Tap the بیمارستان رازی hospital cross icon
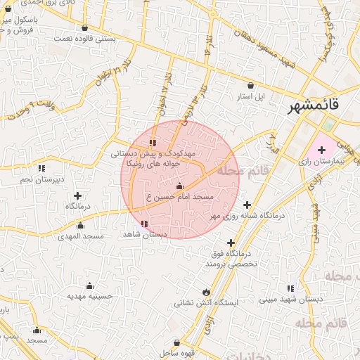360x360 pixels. [x=321, y=150]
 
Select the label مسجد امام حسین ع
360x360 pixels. [x=179, y=199]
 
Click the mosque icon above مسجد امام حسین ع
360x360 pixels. [x=179, y=186]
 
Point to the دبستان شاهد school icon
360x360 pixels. [x=144, y=224]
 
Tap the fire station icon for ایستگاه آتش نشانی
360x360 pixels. [x=205, y=292]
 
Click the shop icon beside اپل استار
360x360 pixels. [x=251, y=84]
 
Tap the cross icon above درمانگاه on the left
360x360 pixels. [x=77, y=195]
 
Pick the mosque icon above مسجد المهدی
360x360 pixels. [x=80, y=226]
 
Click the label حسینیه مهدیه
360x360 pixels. [x=90, y=297]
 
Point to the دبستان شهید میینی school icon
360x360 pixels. [x=290, y=288]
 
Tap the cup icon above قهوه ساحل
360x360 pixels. [x=176, y=342]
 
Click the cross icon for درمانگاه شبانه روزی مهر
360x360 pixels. [x=246, y=205]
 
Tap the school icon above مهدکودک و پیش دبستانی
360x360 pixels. [x=153, y=143]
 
